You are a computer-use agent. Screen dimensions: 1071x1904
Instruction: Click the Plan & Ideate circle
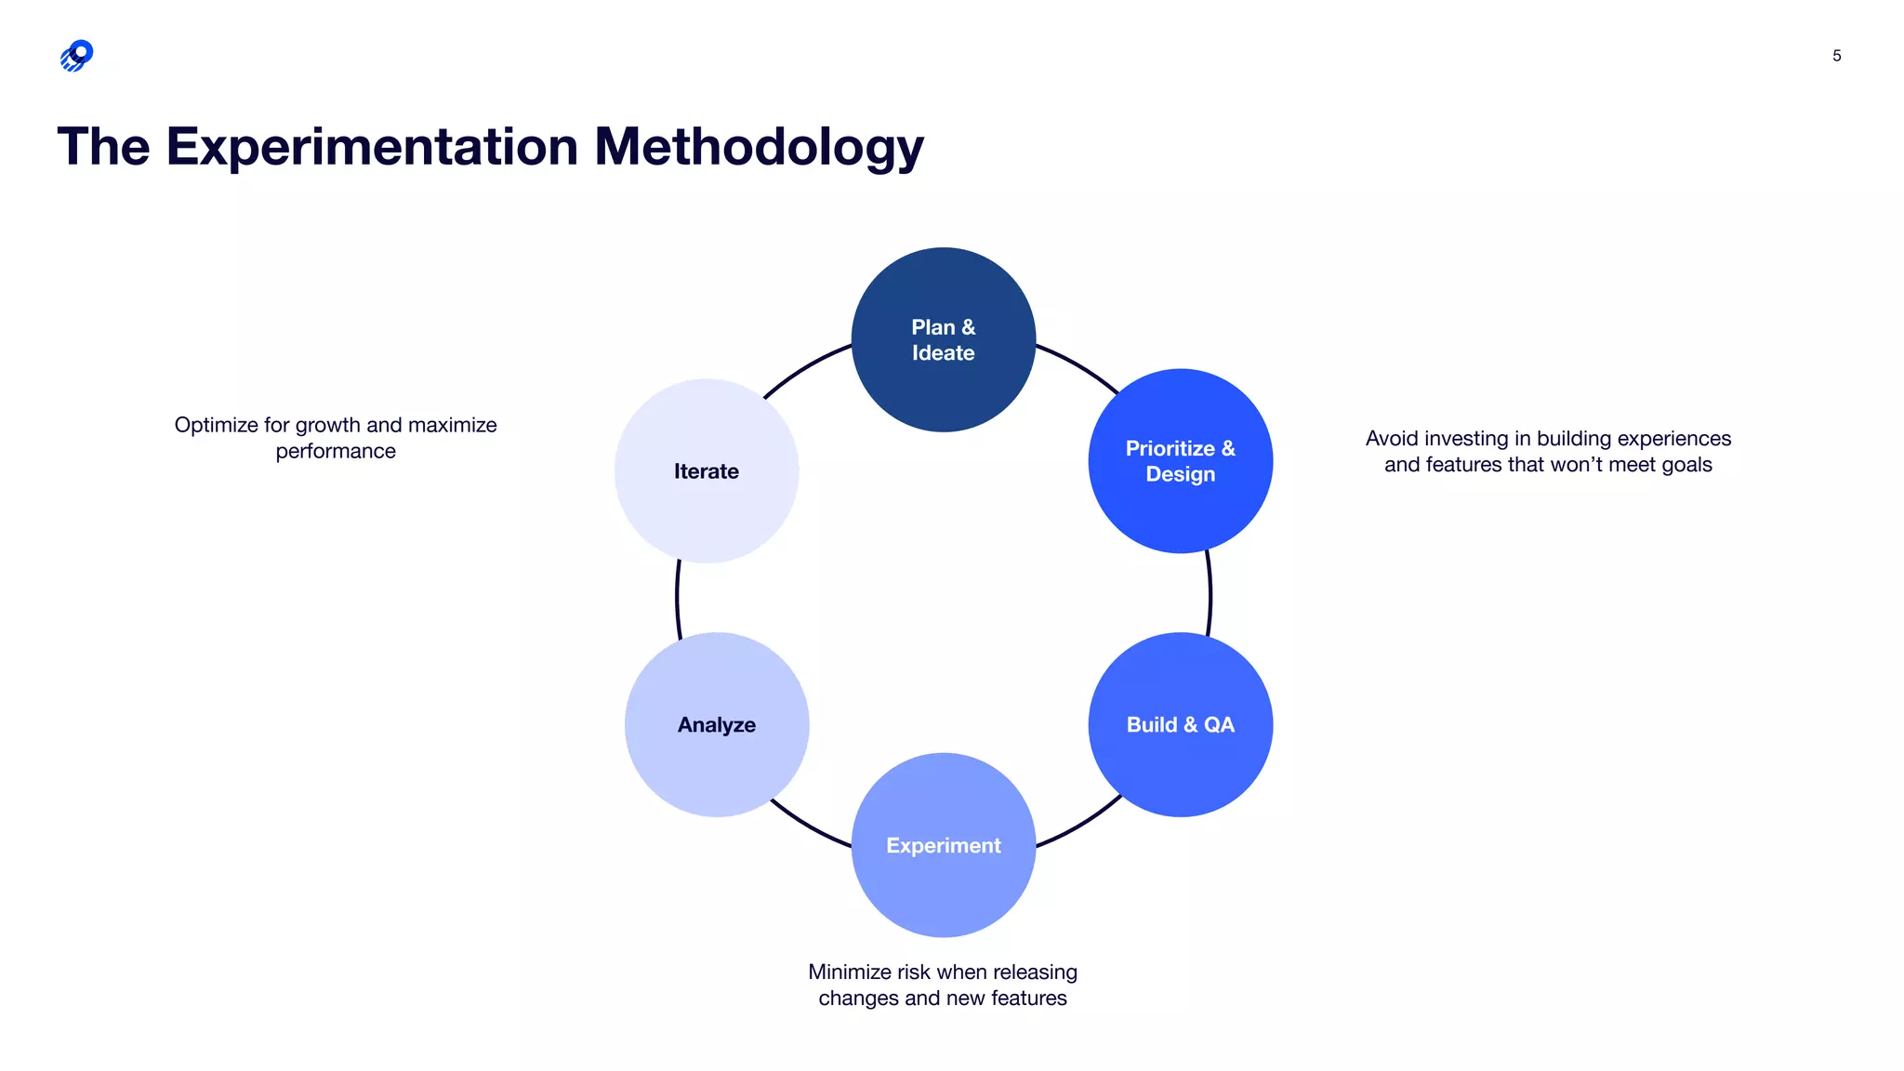tap(943, 339)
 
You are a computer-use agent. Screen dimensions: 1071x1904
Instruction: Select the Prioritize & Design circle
tap(1180, 461)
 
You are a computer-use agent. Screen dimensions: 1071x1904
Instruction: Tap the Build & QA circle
tap(1180, 724)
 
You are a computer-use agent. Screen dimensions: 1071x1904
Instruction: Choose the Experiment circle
tap(943, 845)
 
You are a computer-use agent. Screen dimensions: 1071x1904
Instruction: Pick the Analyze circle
tap(716, 724)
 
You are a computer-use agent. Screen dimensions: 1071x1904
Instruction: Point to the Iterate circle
tap(706, 470)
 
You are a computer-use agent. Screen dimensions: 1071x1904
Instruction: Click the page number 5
tap(1836, 56)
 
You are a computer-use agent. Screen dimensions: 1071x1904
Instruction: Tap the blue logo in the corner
tap(77, 56)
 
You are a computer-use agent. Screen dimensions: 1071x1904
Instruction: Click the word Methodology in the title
tap(759, 147)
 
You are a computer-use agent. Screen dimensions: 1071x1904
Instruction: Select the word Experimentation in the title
tap(372, 147)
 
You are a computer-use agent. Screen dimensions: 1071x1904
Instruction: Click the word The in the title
tap(103, 147)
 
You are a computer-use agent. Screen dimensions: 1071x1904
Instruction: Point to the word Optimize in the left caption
tap(216, 425)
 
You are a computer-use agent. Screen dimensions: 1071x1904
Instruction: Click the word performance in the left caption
tap(336, 451)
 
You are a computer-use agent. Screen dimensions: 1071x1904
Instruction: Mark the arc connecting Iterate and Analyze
tap(677, 598)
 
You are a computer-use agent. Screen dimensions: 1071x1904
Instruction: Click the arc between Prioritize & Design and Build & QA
tap(1210, 595)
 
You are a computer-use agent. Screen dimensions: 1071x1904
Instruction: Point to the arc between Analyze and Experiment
tap(808, 826)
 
